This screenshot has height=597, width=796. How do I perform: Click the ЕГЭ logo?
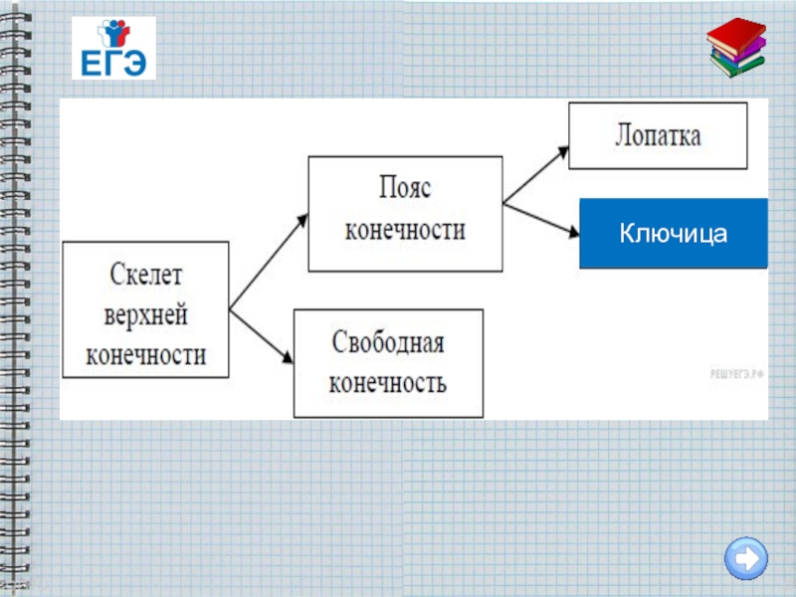(x=113, y=48)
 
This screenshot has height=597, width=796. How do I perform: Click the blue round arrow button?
(x=745, y=558)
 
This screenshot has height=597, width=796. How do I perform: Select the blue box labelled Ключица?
(x=674, y=234)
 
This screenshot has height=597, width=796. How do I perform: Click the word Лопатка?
(x=658, y=135)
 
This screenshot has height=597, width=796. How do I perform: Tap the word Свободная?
(x=387, y=343)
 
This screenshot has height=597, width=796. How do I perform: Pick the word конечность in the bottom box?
(x=387, y=383)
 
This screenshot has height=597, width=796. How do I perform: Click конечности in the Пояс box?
(x=404, y=231)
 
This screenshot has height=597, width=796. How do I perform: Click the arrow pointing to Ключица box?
(x=542, y=221)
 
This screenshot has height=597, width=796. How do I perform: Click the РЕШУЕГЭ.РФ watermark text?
(x=736, y=372)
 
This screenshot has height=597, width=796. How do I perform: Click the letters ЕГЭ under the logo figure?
(x=113, y=64)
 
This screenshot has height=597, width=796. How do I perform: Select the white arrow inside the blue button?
(x=746, y=558)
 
